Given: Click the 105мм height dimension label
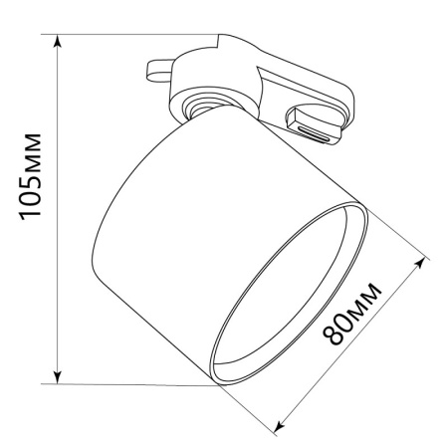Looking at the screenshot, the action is click(31, 176).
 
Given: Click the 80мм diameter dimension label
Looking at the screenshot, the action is click(352, 314).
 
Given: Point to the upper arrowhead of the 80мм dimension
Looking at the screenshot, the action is click(419, 265).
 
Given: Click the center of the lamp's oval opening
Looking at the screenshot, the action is click(290, 294).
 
